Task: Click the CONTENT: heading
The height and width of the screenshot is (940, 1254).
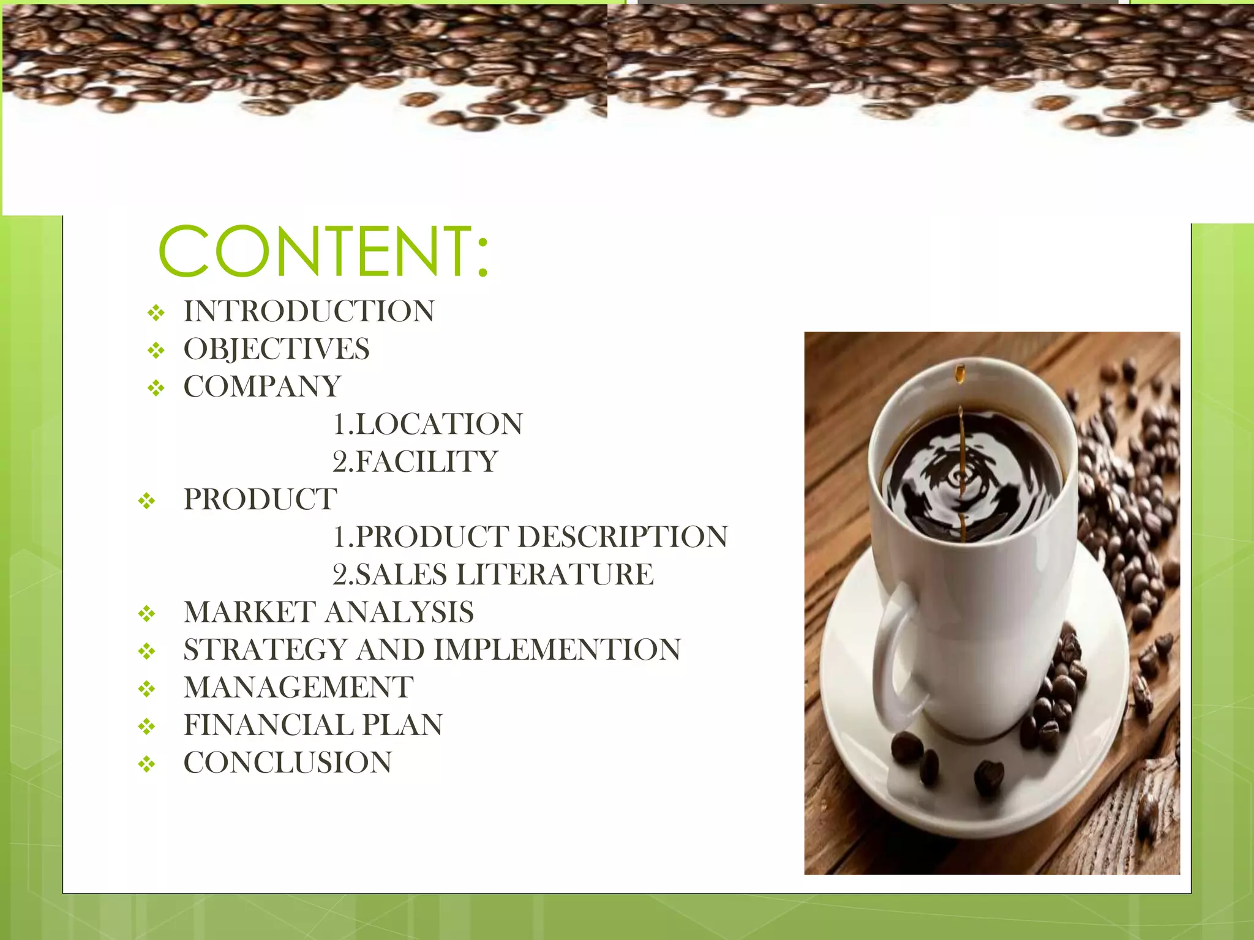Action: click(x=323, y=251)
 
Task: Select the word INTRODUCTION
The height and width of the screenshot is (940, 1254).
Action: click(x=309, y=311)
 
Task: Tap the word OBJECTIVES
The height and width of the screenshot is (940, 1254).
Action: click(x=277, y=349)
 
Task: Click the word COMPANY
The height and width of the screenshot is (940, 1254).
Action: click(x=262, y=387)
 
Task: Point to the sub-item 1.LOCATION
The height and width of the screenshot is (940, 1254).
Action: click(x=428, y=424)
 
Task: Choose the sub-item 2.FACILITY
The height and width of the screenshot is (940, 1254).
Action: click(x=415, y=462)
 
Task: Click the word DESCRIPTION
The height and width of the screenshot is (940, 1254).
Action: click(x=623, y=537)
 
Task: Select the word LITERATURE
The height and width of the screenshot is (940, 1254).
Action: click(x=555, y=575)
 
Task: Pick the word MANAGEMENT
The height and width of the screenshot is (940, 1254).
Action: click(x=299, y=687)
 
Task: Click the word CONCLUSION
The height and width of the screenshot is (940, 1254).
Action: click(x=288, y=763)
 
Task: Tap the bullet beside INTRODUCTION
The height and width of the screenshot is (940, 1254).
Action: click(x=156, y=313)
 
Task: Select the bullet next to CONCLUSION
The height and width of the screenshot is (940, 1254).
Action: click(x=146, y=764)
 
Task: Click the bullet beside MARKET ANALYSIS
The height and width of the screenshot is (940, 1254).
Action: click(x=146, y=613)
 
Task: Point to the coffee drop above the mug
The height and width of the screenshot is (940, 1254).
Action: click(x=960, y=372)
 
